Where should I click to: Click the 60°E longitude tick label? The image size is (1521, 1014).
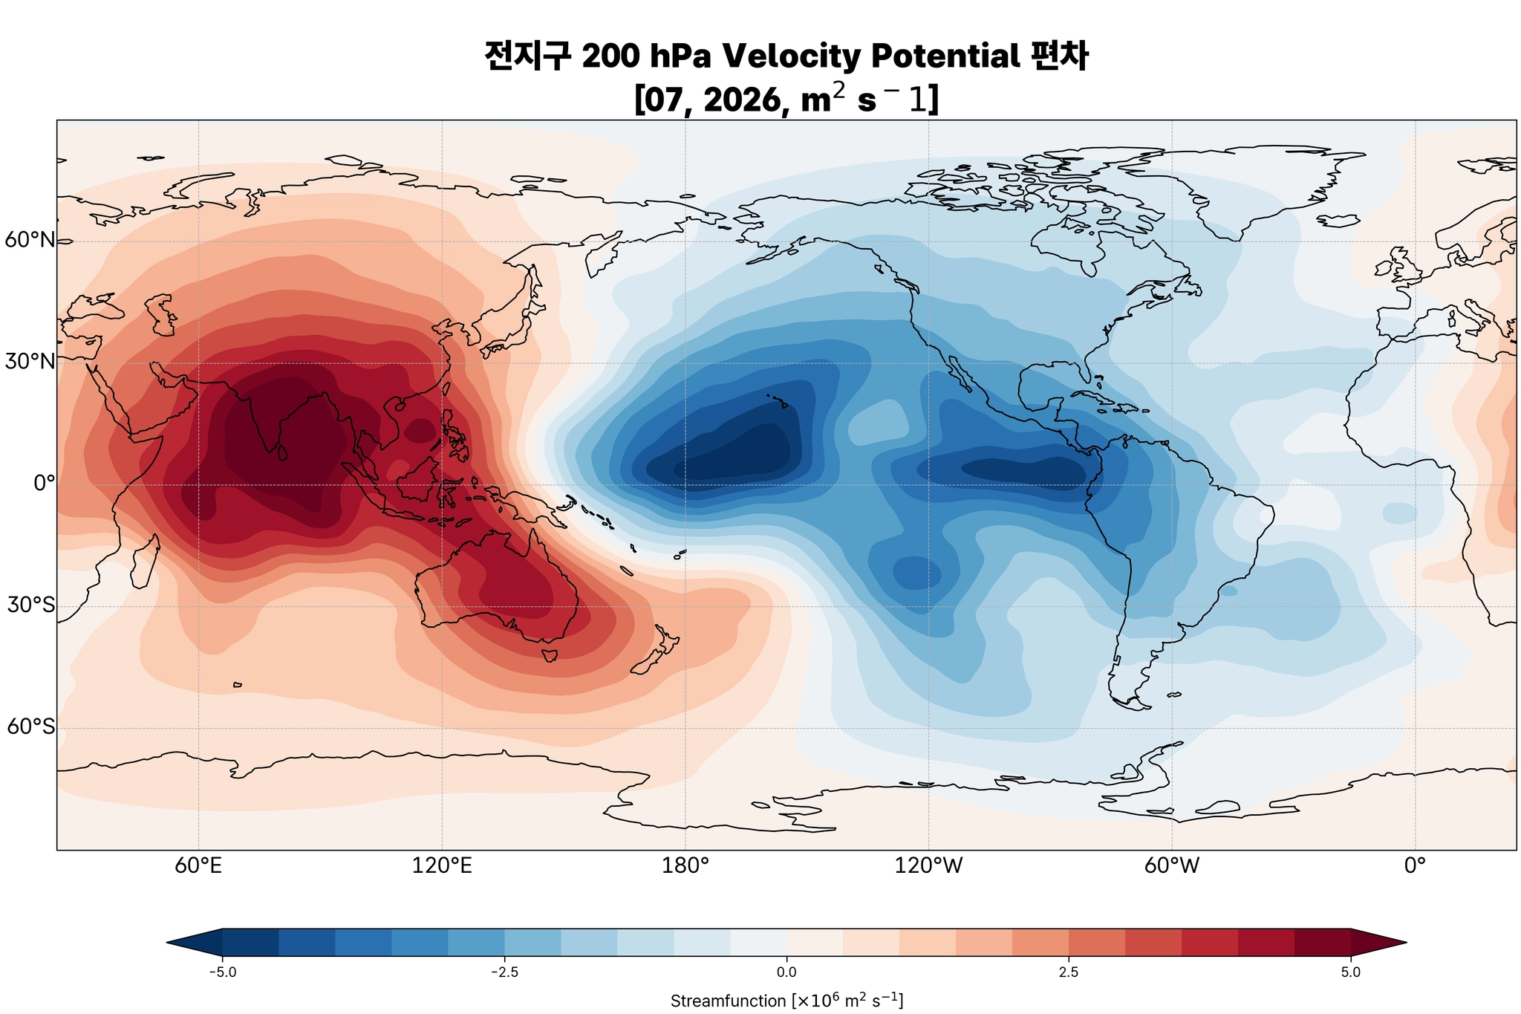coord(198,866)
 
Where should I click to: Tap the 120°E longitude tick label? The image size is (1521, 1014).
coord(442,866)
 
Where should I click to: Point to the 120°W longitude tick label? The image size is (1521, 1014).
coord(928,866)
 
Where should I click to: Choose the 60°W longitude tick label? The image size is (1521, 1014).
coord(1172,866)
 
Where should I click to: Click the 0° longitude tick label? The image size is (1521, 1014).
coord(1415,866)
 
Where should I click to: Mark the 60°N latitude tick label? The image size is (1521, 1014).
coord(30,241)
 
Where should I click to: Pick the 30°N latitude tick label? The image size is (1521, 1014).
coord(30,363)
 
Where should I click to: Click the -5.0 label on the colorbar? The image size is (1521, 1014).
coord(222,972)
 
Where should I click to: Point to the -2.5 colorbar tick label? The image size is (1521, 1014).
coord(504,972)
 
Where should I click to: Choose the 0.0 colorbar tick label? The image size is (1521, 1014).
coord(786,972)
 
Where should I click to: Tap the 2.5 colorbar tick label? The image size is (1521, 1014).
coord(1069,972)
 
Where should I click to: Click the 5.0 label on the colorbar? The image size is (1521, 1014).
coord(1351,972)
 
